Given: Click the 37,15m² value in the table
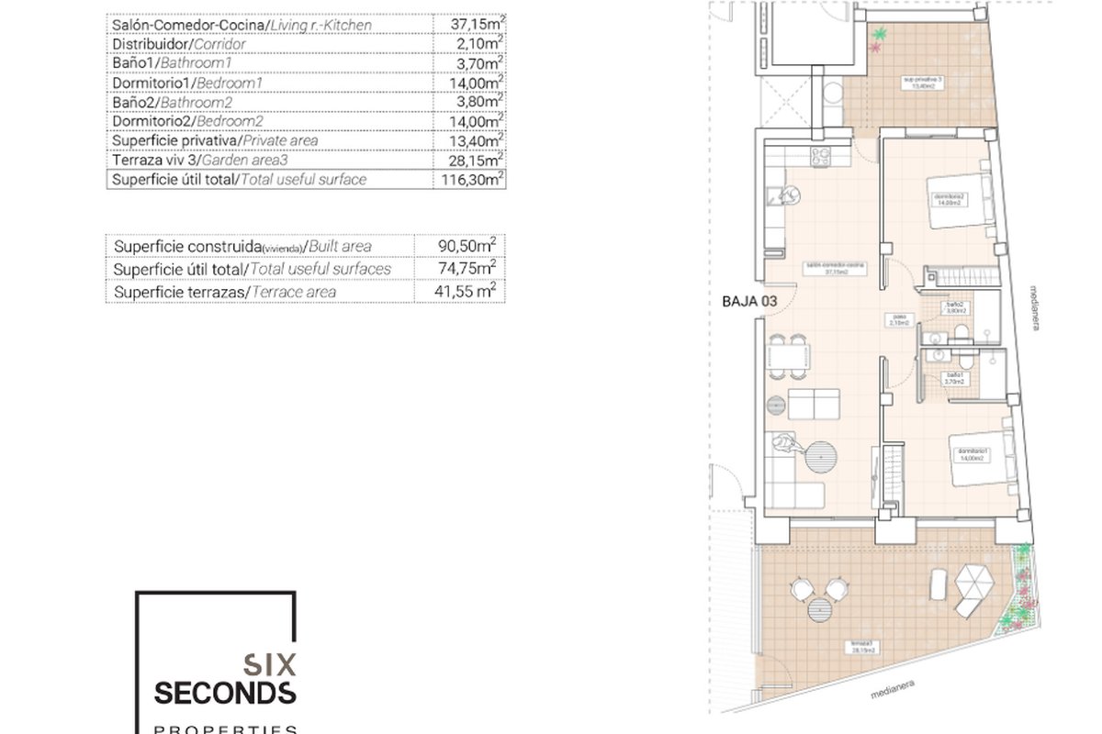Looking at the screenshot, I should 469,25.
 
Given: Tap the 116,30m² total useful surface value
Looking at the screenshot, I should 469,180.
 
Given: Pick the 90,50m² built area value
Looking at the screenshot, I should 469,246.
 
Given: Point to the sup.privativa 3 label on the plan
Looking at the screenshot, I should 923,82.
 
